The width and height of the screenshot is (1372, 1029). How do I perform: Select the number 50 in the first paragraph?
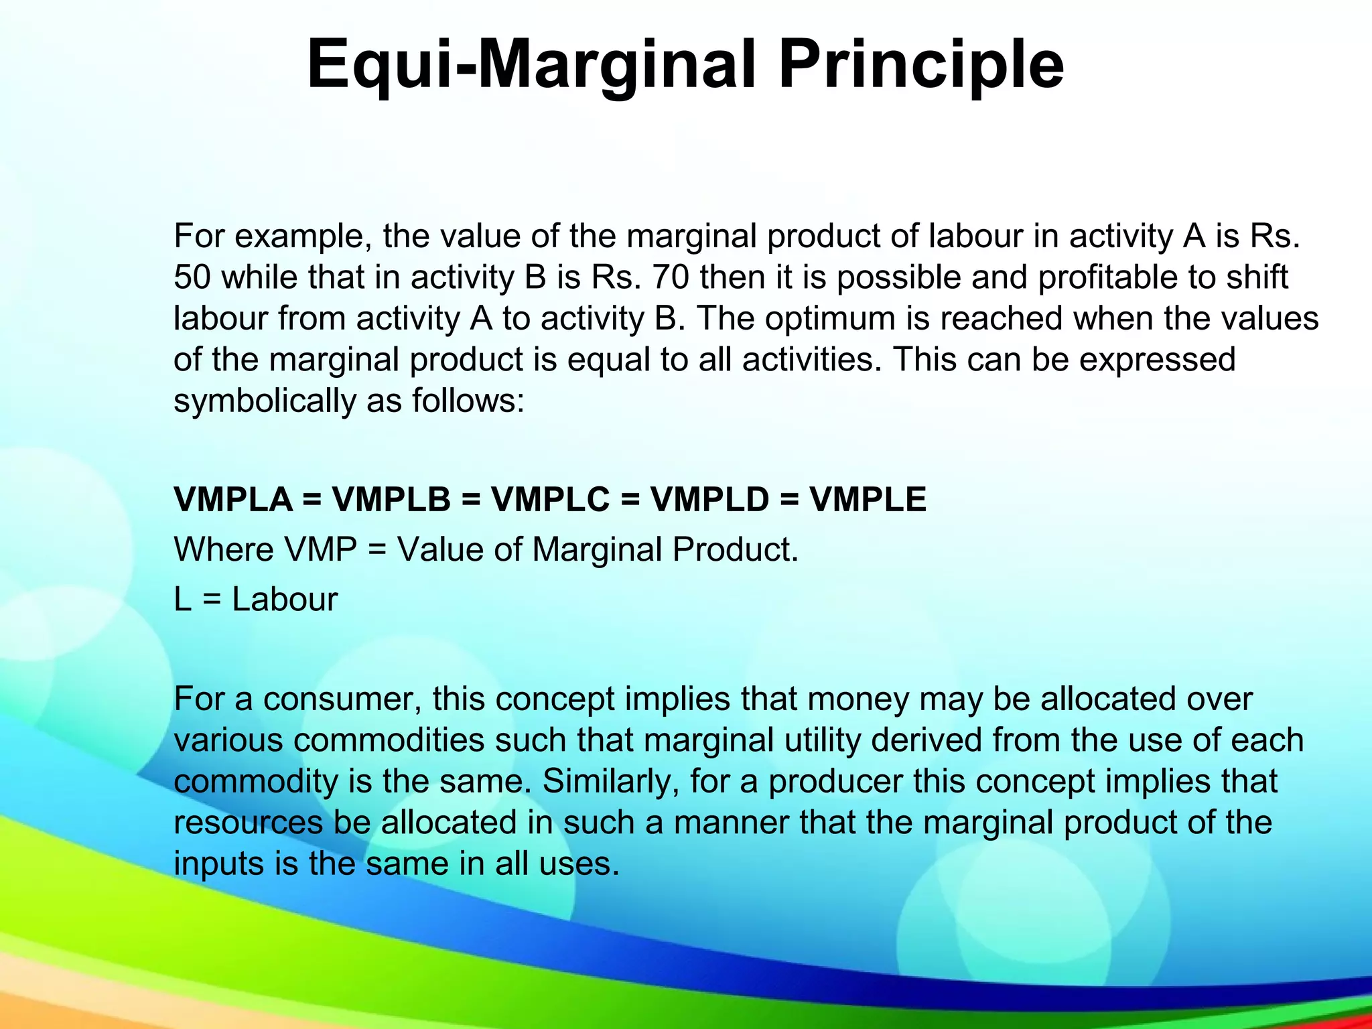[x=192, y=277]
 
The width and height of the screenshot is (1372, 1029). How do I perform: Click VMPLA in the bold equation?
[x=233, y=500]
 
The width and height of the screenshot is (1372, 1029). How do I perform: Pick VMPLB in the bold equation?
[x=392, y=500]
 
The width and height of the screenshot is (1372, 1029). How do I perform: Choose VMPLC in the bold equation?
[x=551, y=500]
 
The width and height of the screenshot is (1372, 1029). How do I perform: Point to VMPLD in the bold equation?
[x=710, y=500]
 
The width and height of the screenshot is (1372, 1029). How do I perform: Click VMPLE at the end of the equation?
[x=868, y=500]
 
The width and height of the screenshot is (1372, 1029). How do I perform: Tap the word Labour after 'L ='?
[x=285, y=600]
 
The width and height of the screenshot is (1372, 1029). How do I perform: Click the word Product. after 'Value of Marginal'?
[x=736, y=550]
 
